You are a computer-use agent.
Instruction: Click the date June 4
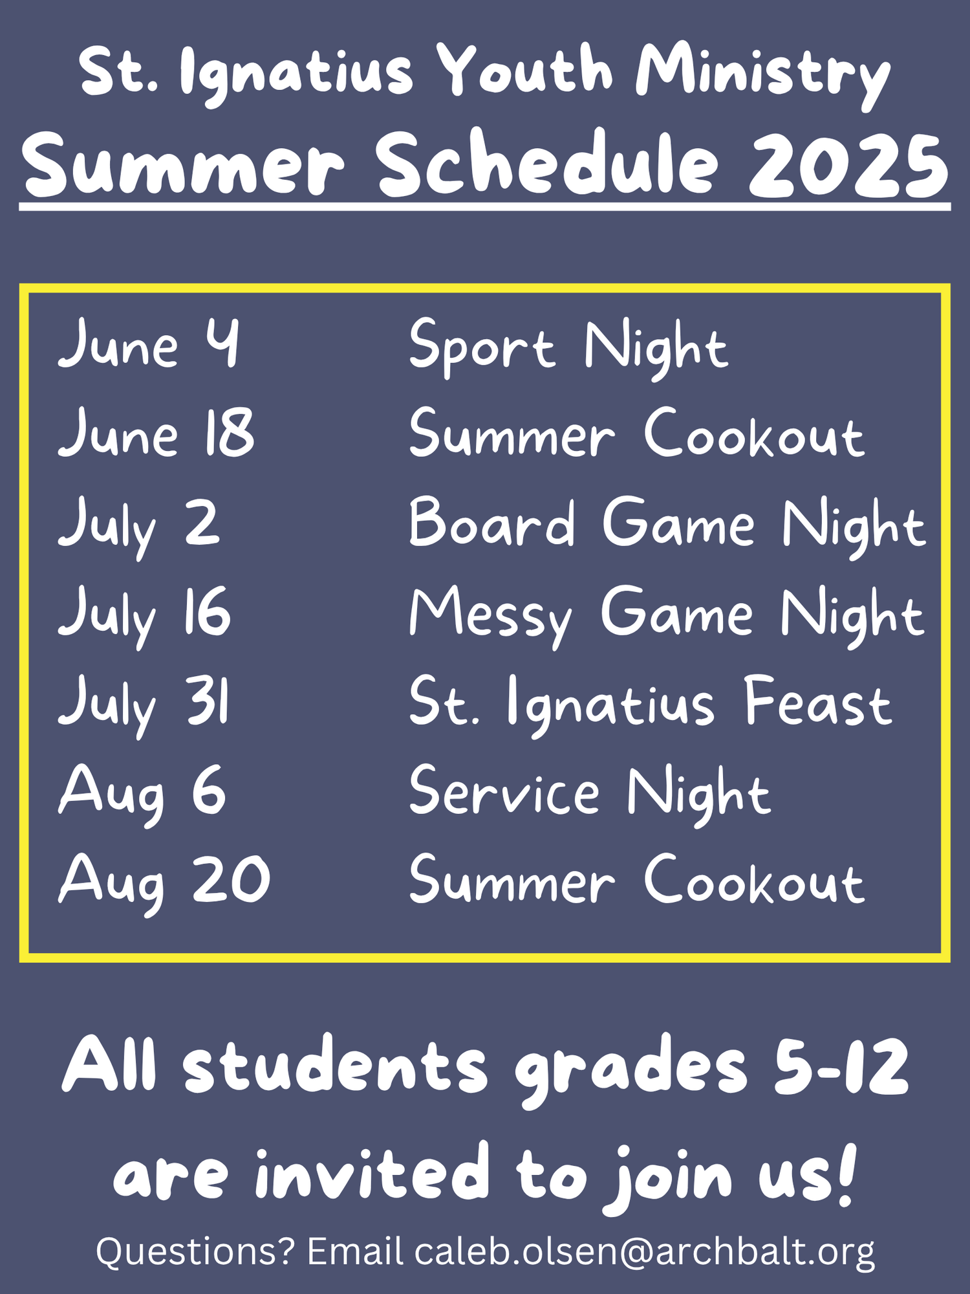pos(149,344)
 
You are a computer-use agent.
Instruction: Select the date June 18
pos(156,432)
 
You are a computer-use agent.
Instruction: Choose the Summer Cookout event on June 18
pos(637,432)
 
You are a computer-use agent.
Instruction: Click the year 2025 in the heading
pos(849,166)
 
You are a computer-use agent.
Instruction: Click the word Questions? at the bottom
pos(196,1251)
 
